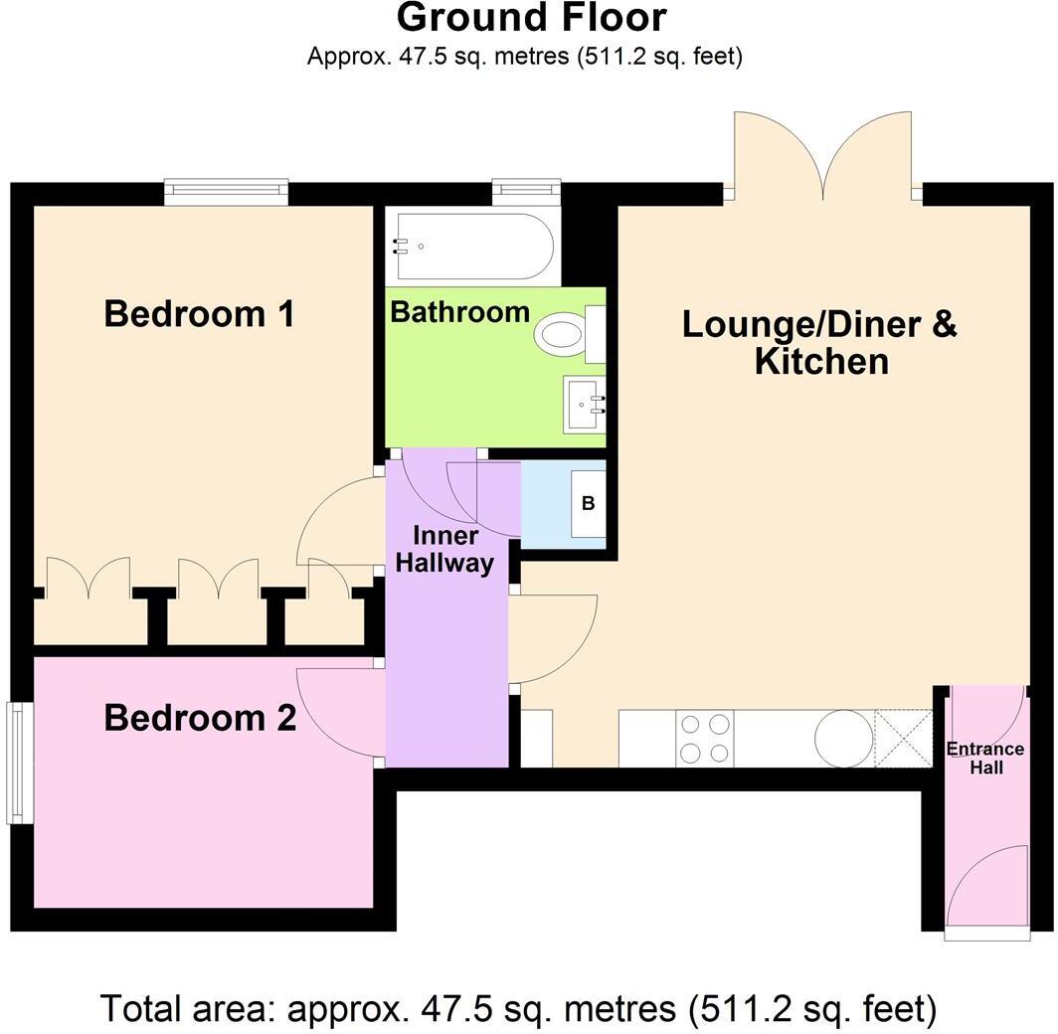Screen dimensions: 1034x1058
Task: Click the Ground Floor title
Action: point(531,18)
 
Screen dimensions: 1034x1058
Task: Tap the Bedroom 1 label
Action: point(199,314)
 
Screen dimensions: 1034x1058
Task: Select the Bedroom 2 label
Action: point(200,717)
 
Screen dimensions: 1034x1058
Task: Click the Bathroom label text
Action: point(459,312)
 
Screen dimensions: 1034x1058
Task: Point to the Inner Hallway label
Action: point(444,550)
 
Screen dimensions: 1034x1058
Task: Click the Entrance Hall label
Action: point(984,758)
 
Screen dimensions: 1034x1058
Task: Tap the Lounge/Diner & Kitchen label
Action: point(819,342)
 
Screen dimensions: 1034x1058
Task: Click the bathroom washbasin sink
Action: point(585,405)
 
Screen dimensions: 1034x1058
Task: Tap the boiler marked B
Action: point(588,504)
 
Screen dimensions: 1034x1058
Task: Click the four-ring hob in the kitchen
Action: point(704,739)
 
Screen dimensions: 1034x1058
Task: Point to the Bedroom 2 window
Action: point(17,763)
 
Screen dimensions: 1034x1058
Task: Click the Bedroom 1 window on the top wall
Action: point(226,191)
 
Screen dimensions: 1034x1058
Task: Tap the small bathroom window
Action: point(526,191)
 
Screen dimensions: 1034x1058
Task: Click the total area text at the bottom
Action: point(518,1008)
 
